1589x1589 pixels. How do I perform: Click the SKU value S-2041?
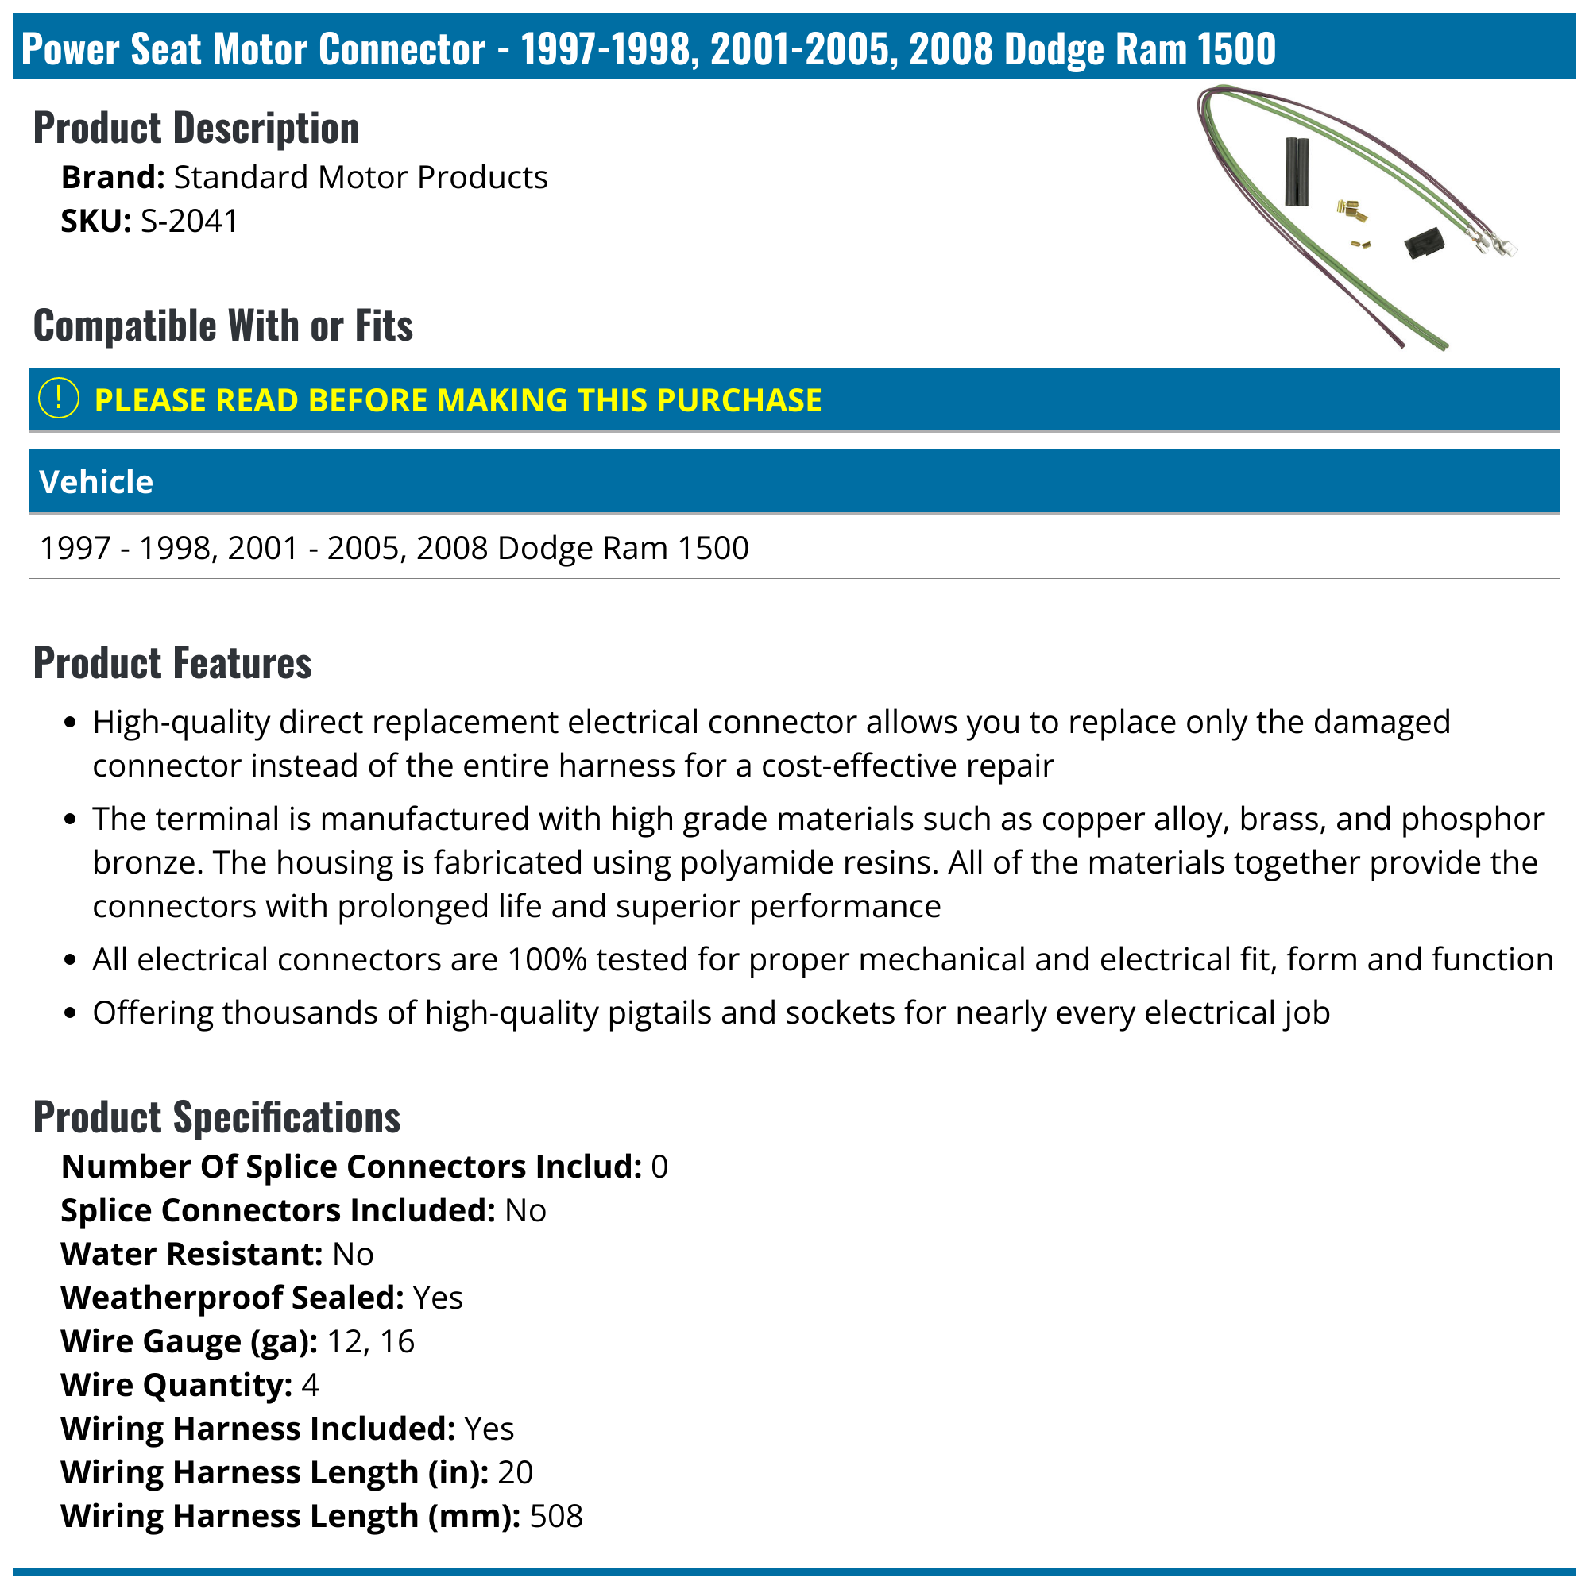[189, 222]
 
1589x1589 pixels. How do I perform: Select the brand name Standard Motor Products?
[360, 178]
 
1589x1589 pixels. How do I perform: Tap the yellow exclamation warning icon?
[59, 399]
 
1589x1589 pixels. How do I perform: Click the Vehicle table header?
[95, 482]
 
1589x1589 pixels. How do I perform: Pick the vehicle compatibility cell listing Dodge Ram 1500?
[394, 548]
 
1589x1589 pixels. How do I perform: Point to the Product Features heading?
[173, 663]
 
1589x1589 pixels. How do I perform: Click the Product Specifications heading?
[216, 1117]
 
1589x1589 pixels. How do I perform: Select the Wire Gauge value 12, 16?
[370, 1341]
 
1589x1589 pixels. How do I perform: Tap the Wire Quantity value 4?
[309, 1385]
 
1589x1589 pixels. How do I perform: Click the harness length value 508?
[556, 1516]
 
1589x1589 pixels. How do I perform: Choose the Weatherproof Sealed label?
[232, 1298]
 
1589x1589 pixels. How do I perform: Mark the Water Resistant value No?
[352, 1254]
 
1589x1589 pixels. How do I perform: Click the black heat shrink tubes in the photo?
[1297, 172]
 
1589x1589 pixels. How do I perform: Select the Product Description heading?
[196, 129]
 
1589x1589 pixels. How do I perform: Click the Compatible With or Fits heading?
[223, 326]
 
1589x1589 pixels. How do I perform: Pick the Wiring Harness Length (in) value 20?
[515, 1472]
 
